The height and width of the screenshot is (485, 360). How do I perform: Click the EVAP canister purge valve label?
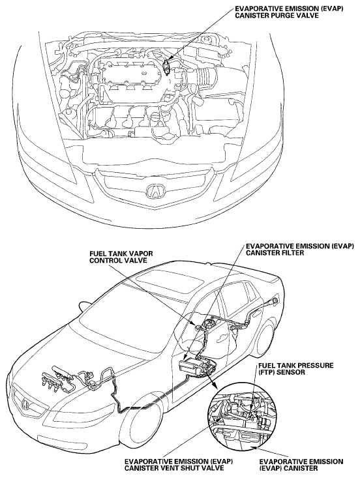click(x=289, y=12)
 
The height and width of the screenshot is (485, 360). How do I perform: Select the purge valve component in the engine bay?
click(x=166, y=66)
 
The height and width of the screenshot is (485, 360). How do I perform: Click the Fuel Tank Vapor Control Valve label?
click(x=121, y=257)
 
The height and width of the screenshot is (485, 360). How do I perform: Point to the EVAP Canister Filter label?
click(x=299, y=249)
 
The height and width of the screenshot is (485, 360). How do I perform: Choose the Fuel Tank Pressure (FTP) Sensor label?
click(x=295, y=369)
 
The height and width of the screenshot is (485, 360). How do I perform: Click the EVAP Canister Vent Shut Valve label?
click(x=178, y=465)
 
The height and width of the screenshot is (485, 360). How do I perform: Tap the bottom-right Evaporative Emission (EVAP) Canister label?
click(x=301, y=465)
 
